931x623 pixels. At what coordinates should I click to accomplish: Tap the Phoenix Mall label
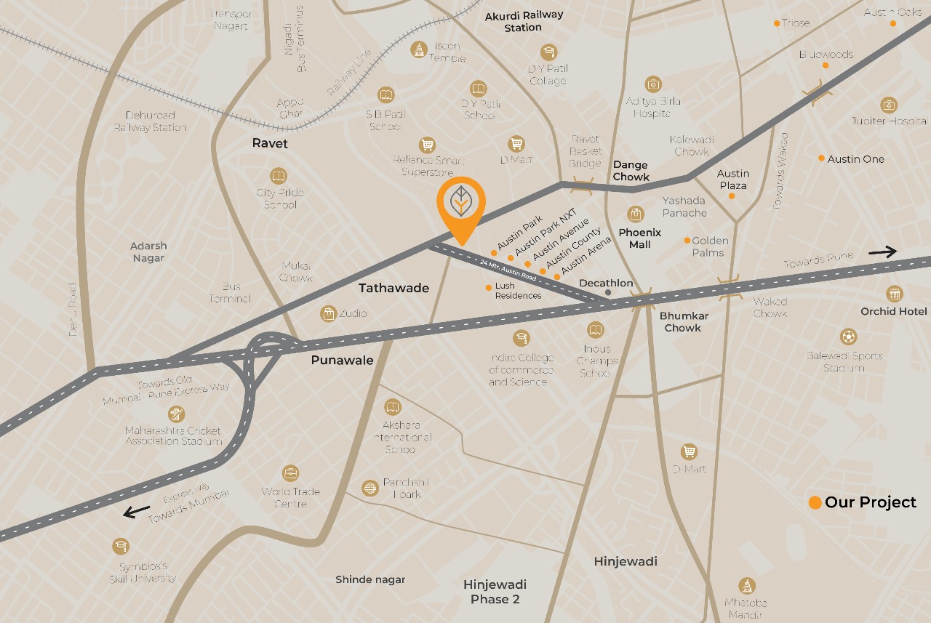(x=640, y=238)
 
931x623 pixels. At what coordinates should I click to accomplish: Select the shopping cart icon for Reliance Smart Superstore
(x=427, y=145)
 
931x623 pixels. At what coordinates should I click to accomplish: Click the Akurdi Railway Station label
(x=524, y=21)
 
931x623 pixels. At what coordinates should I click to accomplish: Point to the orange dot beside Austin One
(x=821, y=158)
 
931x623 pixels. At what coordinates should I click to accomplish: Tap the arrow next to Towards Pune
(x=882, y=252)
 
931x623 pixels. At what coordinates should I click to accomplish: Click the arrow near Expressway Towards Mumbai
(x=137, y=511)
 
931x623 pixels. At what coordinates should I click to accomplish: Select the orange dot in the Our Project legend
(x=815, y=502)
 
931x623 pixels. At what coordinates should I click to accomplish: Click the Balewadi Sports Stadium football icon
(x=848, y=337)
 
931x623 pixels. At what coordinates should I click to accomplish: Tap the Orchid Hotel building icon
(x=894, y=294)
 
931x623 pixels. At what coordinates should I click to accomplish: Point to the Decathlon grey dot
(x=608, y=292)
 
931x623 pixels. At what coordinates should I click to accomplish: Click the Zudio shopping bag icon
(x=329, y=313)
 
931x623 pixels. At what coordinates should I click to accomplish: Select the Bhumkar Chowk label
(x=683, y=322)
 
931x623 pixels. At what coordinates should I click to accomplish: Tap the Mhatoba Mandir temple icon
(x=746, y=585)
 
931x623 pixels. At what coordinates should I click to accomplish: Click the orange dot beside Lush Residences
(x=489, y=287)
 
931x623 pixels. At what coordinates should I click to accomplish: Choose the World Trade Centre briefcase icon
(x=290, y=473)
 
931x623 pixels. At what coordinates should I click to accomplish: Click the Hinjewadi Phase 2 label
(x=495, y=592)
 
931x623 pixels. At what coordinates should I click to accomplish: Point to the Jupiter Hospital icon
(x=889, y=105)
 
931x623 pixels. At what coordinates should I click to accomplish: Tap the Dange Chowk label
(x=631, y=171)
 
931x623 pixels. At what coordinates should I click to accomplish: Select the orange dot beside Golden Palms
(x=687, y=241)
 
